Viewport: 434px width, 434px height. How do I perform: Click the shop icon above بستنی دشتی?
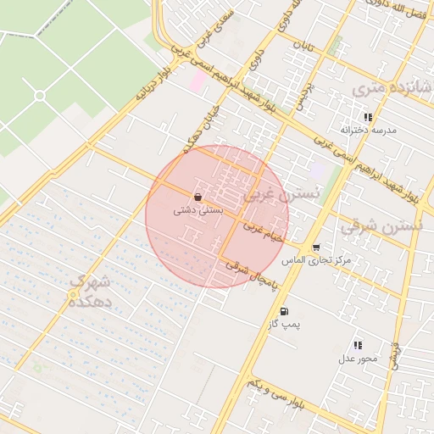198,197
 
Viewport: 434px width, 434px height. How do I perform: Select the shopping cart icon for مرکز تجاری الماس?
316,248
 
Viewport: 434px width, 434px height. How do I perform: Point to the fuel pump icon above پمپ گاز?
283,311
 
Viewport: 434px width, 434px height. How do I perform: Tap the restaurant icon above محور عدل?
358,345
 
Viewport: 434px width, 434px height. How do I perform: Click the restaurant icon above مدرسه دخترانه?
368,117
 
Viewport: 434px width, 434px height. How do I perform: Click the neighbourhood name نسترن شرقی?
381,226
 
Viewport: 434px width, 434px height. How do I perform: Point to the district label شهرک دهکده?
92,290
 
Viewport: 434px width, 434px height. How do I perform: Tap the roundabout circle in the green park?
39,96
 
